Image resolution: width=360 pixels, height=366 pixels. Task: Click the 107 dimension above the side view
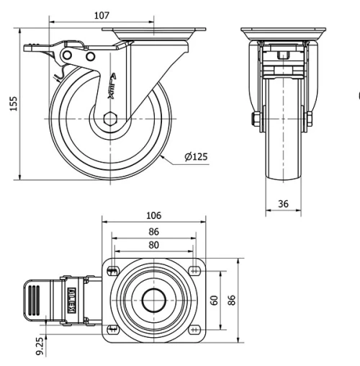pyautogui.click(x=102, y=15)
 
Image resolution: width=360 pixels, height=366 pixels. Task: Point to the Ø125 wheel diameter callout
pyautogui.click(x=196, y=157)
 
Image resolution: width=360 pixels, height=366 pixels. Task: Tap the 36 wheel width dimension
pyautogui.click(x=283, y=204)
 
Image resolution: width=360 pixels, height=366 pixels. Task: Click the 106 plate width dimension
pyautogui.click(x=153, y=215)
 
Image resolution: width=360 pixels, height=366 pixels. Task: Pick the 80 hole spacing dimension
pyautogui.click(x=153, y=244)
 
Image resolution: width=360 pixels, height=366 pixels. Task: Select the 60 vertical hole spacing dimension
pyautogui.click(x=214, y=299)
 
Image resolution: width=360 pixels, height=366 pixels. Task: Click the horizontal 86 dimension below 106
pyautogui.click(x=153, y=231)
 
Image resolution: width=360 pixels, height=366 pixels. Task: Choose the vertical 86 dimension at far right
pyautogui.click(x=232, y=299)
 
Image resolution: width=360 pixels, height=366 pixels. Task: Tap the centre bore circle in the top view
pyautogui.click(x=153, y=300)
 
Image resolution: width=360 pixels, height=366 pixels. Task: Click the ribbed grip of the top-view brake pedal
pyautogui.click(x=32, y=300)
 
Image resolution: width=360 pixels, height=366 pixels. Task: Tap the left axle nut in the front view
pyautogui.click(x=255, y=120)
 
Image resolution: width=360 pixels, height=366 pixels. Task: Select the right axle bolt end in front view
pyautogui.click(x=310, y=120)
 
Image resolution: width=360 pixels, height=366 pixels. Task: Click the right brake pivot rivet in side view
pyautogui.click(x=90, y=57)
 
